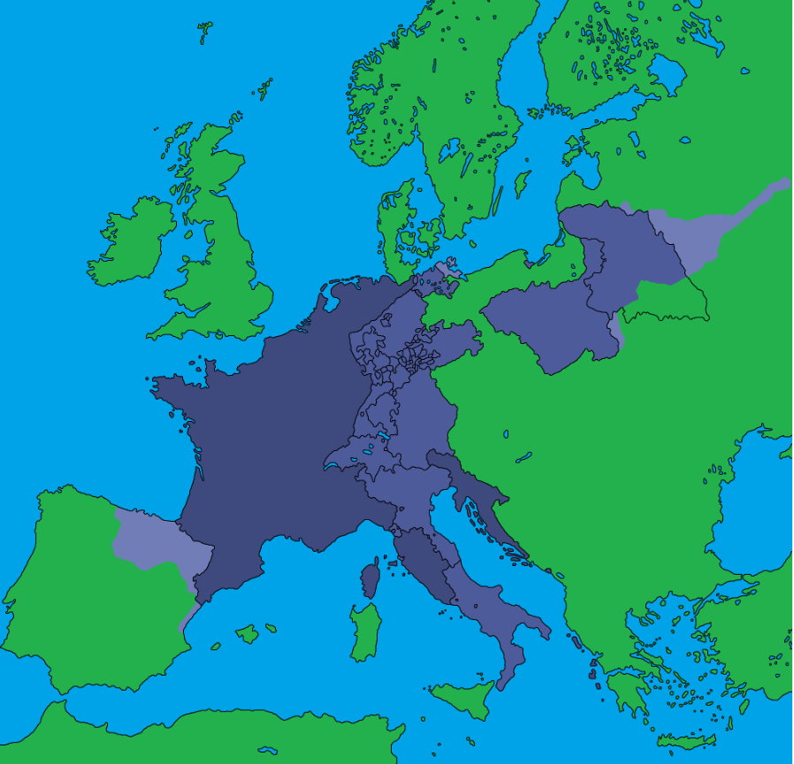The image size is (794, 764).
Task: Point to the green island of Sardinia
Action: (364, 632)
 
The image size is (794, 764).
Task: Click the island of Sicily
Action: (464, 699)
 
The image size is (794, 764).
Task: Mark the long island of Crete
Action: (685, 741)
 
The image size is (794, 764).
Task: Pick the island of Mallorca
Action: (248, 634)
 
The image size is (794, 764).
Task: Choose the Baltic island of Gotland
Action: (523, 183)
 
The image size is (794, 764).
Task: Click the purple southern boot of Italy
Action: (495, 619)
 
